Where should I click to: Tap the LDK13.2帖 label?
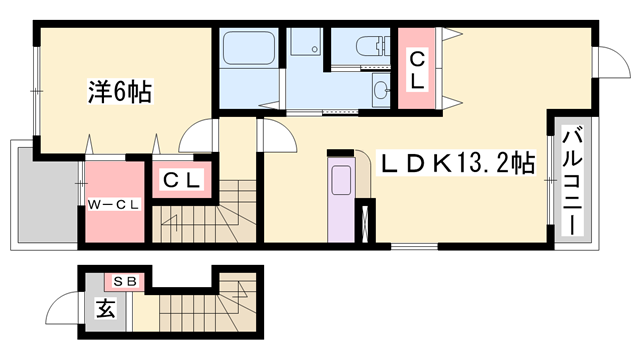coord(454,162)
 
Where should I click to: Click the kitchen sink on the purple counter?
coord(341,181)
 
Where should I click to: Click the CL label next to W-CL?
coord(184,180)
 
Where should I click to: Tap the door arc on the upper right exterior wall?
coord(608,66)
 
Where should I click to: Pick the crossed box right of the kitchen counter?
coord(365,222)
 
